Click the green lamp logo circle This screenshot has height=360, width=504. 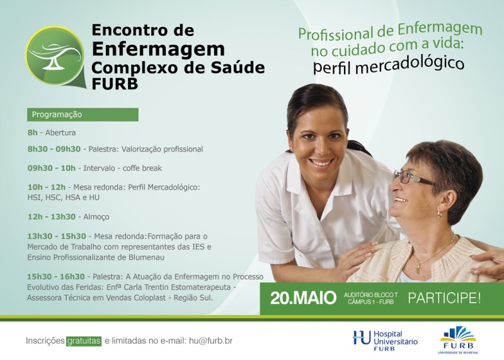[x=55, y=55]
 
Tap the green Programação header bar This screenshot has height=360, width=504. [x=83, y=115]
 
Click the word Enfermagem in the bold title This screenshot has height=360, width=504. [x=159, y=50]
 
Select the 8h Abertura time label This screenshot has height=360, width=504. [x=33, y=132]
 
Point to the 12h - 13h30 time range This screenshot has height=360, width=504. [x=52, y=216]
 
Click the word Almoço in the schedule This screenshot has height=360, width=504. [x=96, y=217]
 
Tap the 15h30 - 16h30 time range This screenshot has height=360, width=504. [x=56, y=277]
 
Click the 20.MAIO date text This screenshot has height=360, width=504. [x=303, y=298]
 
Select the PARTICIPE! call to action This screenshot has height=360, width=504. [x=444, y=298]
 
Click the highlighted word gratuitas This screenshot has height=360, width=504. [x=84, y=341]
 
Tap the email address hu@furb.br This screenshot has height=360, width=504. [x=210, y=341]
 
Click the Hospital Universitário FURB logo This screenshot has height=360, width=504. [x=385, y=340]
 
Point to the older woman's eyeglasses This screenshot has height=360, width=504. [x=413, y=178]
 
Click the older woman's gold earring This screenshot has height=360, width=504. [x=439, y=214]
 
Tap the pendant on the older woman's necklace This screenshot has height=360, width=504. [x=418, y=270]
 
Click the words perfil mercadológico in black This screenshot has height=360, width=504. [x=389, y=65]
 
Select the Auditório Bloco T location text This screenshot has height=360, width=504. [x=370, y=294]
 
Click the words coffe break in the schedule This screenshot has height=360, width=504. [x=142, y=168]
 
